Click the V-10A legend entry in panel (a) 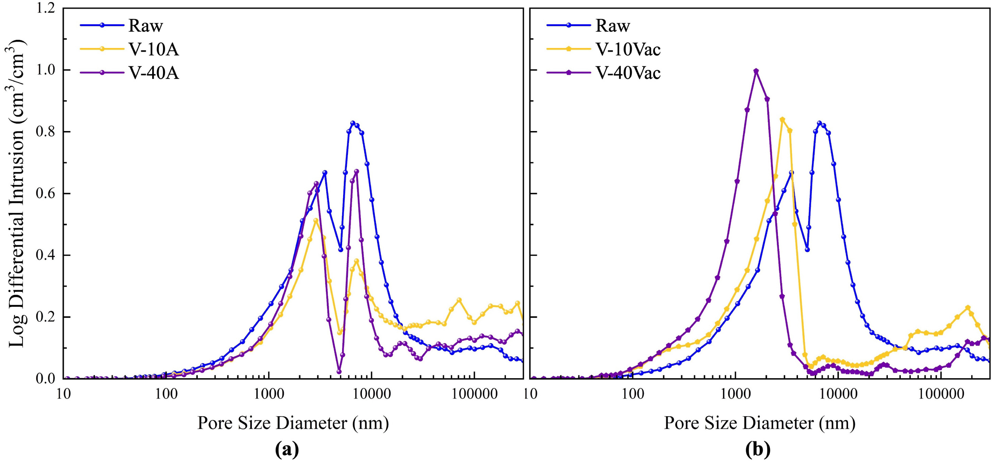point(153,49)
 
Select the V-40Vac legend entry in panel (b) point(628,73)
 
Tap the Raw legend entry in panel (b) point(612,26)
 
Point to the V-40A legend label point(153,73)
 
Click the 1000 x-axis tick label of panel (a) point(268,394)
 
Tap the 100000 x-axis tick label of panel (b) point(941,394)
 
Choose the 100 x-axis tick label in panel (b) point(633,394)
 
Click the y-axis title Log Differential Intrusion point(16,192)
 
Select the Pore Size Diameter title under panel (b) point(759,423)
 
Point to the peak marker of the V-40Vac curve point(756,71)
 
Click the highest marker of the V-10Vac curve point(782,120)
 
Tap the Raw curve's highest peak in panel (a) point(353,123)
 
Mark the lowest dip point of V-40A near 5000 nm point(339,372)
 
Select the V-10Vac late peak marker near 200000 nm point(968,308)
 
